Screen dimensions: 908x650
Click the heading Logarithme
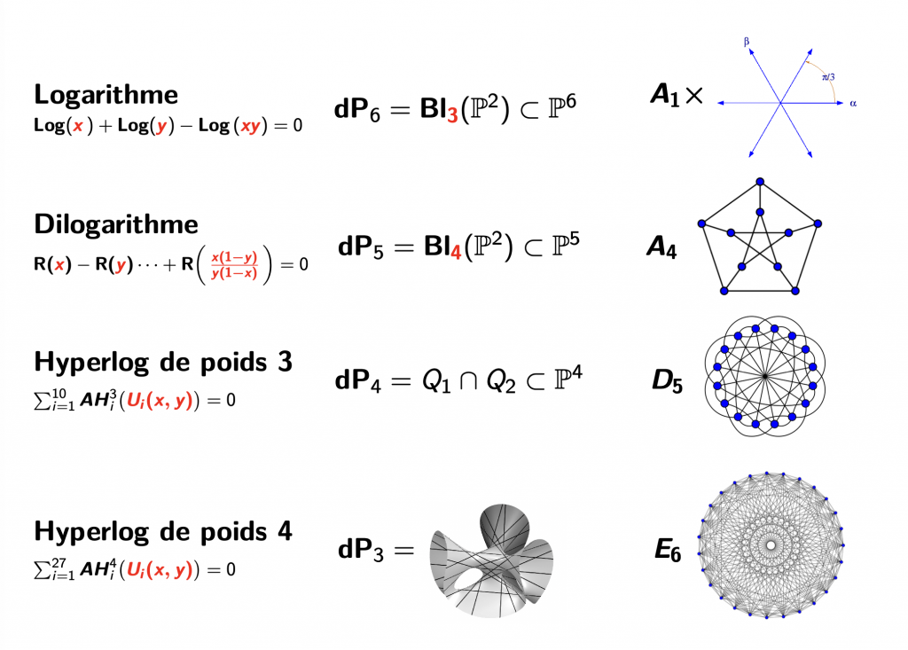(x=106, y=94)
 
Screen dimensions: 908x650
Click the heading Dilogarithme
(x=116, y=224)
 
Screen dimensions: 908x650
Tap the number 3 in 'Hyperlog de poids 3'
(x=285, y=362)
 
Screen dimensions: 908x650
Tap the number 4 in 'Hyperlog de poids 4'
(x=285, y=531)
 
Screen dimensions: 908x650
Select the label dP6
(x=357, y=109)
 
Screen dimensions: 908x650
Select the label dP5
(x=360, y=247)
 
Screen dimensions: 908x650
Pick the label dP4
(x=358, y=380)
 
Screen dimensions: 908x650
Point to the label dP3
(x=360, y=550)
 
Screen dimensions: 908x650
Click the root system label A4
(x=661, y=247)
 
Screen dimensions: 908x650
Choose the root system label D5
(x=667, y=380)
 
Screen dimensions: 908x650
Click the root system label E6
(x=668, y=550)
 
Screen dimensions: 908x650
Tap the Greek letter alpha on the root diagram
(x=853, y=104)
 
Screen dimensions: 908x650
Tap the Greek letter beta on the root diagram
(x=747, y=42)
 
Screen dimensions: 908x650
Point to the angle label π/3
(x=829, y=76)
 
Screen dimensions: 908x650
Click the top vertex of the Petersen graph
(x=760, y=182)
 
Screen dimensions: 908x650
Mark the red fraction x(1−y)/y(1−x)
(x=234, y=265)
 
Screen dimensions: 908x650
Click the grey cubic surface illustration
(x=491, y=560)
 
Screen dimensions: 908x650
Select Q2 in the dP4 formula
(x=500, y=381)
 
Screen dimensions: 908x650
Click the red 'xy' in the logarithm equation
(x=250, y=126)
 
